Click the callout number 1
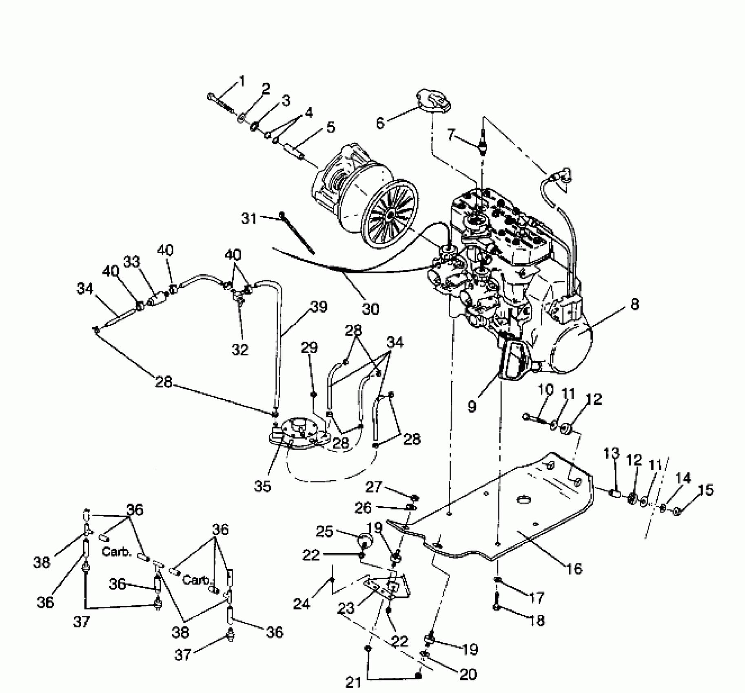[x=242, y=82]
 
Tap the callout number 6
[x=380, y=122]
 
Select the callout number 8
[x=634, y=305]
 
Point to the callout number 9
[x=472, y=406]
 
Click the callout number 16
[x=574, y=568]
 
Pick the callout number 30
[x=370, y=309]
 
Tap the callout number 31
[x=249, y=218]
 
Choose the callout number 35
[x=262, y=486]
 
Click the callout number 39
[x=319, y=307]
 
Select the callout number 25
[x=324, y=532]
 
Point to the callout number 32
[x=240, y=349]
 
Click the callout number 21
[x=353, y=682]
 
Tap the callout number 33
[x=131, y=262]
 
